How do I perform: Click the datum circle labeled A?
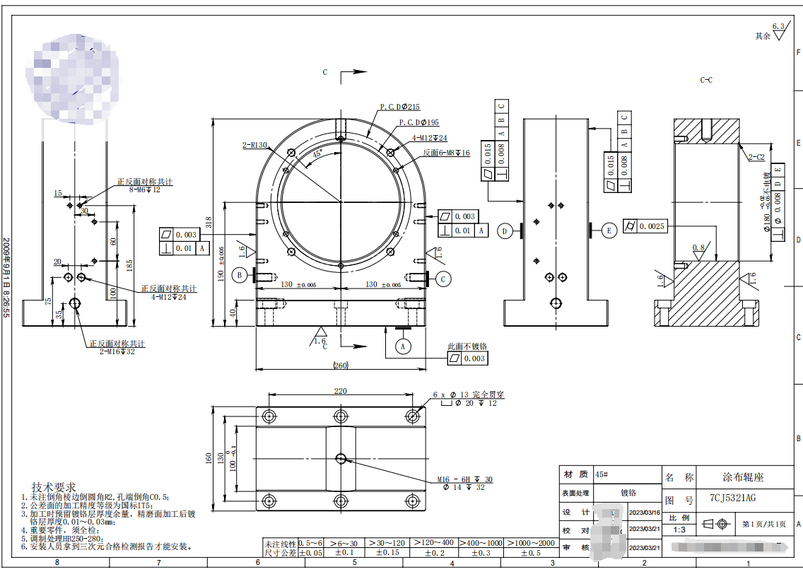pyautogui.click(x=403, y=346)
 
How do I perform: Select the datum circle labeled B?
pyautogui.click(x=240, y=275)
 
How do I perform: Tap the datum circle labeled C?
pyautogui.click(x=443, y=279)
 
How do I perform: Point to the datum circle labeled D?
pyautogui.click(x=505, y=231)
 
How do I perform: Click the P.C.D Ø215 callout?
pyautogui.click(x=399, y=107)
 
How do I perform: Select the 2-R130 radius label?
pyautogui.click(x=254, y=145)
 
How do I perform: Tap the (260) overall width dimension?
pyautogui.click(x=341, y=366)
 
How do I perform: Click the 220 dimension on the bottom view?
pyautogui.click(x=341, y=390)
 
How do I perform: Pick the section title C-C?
pyautogui.click(x=705, y=80)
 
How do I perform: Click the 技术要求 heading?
pyautogui.click(x=53, y=487)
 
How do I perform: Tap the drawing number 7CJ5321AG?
pyautogui.click(x=733, y=498)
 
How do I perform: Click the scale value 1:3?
pyautogui.click(x=679, y=529)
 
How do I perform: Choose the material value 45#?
pyautogui.click(x=602, y=474)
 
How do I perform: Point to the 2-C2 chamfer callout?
pyautogui.click(x=756, y=157)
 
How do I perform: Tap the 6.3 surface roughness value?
pyautogui.click(x=778, y=27)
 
